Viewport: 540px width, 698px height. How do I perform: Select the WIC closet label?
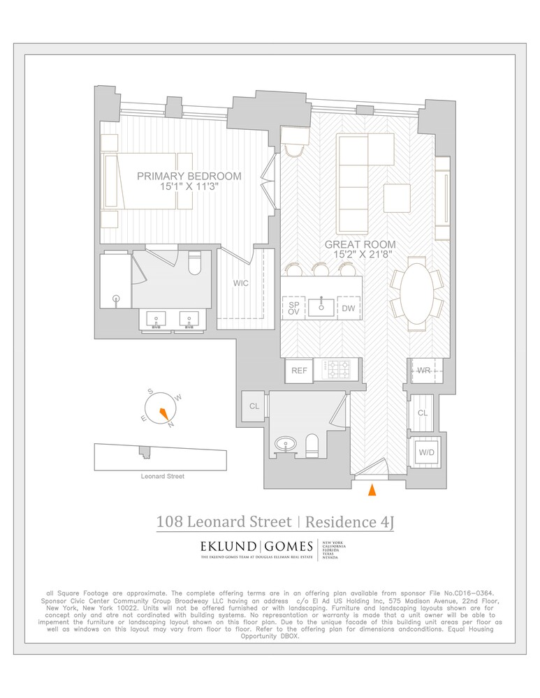point(240,284)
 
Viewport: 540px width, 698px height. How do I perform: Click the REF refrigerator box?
point(299,371)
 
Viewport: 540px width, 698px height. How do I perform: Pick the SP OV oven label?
point(293,307)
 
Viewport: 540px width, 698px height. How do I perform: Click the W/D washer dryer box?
point(425,452)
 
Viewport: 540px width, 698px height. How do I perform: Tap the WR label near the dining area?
point(423,370)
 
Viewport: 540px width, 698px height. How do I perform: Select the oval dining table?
point(416,294)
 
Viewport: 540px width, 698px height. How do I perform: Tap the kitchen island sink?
point(321,306)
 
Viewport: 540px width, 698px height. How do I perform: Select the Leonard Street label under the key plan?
point(161,476)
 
